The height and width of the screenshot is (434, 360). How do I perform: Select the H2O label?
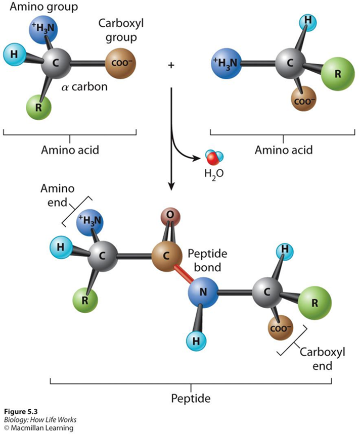pos(213,173)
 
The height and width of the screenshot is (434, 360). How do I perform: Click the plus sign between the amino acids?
pos(171,66)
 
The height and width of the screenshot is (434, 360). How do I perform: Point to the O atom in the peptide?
pos(170,216)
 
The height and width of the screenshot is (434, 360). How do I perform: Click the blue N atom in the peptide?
pos(203,292)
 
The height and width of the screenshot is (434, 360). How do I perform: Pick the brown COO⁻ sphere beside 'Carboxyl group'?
pos(120,65)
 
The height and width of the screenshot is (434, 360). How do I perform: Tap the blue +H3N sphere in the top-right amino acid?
pos(227,64)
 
